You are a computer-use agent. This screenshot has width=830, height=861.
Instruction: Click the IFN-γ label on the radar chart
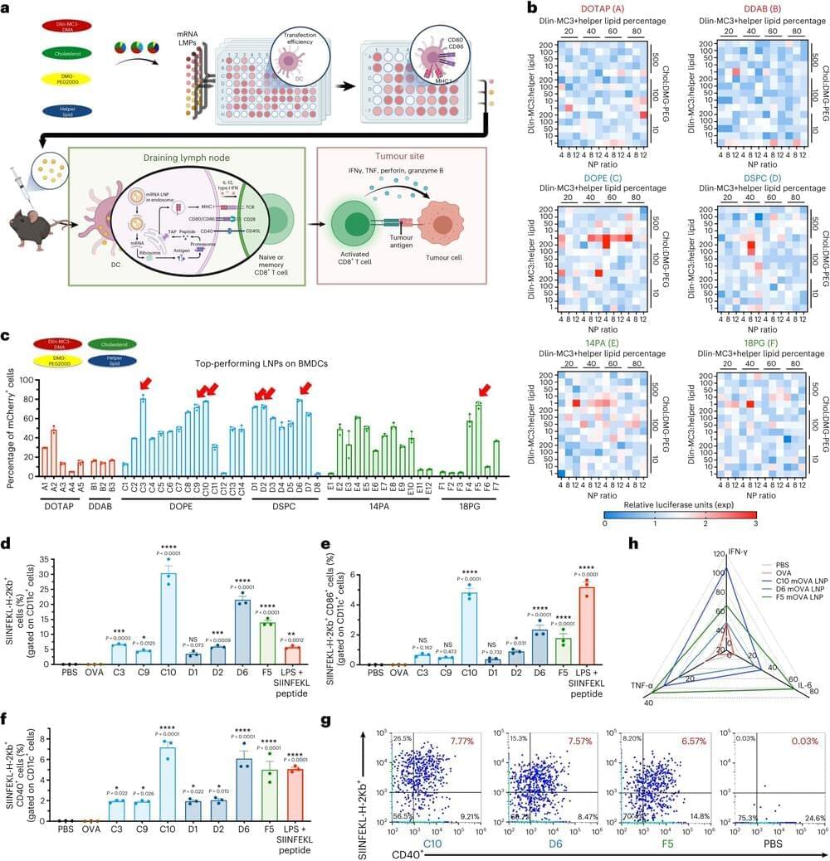click(734, 550)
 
